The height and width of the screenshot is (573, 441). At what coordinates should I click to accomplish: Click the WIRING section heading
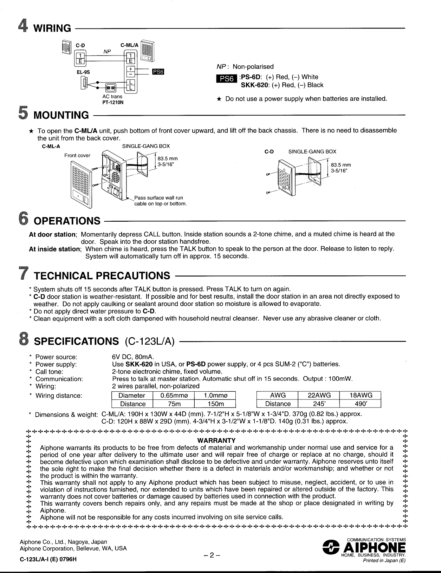(52, 28)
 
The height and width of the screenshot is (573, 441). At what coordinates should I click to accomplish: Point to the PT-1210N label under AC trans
(113, 103)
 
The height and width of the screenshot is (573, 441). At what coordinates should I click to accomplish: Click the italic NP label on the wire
(107, 51)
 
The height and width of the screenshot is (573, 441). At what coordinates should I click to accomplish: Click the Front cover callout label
(77, 155)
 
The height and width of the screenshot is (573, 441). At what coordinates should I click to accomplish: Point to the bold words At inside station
(55, 249)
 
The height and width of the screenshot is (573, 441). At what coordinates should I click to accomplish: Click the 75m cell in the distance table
(173, 404)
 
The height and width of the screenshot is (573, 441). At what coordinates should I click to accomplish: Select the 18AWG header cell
(360, 395)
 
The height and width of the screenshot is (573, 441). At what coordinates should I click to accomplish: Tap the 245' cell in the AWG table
(318, 404)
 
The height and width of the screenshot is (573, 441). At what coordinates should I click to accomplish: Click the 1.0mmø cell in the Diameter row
(214, 395)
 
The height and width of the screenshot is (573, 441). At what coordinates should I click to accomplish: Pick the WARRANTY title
(216, 441)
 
